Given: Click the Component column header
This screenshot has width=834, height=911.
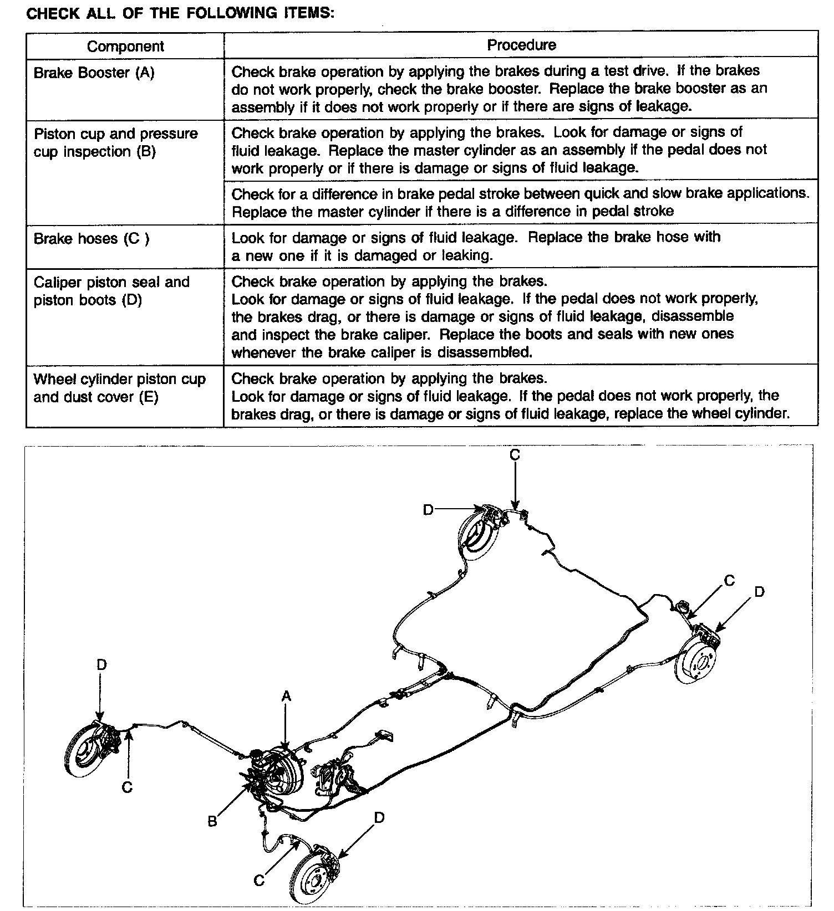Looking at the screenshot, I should pos(125,46).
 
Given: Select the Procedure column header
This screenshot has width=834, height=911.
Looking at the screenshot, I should pos(521,45).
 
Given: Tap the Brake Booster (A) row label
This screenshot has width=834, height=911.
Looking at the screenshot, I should pos(94,73).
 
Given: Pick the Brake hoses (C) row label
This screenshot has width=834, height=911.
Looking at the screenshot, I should pos(91,239).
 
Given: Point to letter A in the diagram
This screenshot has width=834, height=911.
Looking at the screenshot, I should pos(286,697).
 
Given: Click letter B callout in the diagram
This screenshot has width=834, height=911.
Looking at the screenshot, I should pos(212,821).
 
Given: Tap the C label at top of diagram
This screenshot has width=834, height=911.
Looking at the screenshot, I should pos(515,455).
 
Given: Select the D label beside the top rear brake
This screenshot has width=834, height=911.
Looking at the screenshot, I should pos(428,509).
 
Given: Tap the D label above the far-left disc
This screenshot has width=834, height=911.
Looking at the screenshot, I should pos(101,664).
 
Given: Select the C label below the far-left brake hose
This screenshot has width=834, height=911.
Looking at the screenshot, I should pos(128,787).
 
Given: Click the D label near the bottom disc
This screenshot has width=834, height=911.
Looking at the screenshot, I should pos(379,818).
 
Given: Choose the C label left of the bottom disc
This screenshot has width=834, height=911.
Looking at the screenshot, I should pos(259,881).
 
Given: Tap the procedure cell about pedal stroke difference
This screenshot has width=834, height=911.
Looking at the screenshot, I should pos(520,202).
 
